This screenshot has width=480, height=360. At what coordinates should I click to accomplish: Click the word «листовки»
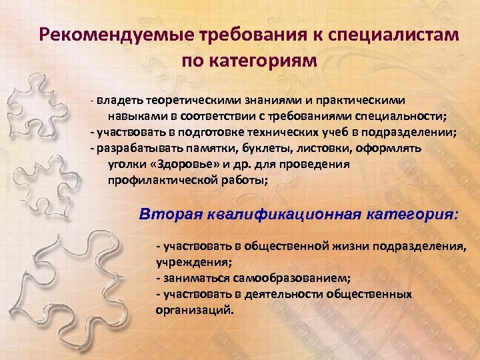[x=319, y=148]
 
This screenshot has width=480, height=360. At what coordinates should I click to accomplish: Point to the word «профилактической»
[x=157, y=180]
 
